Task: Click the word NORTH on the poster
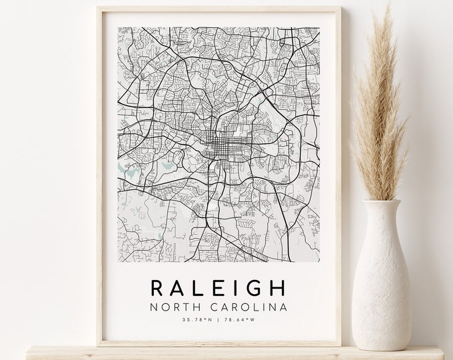tap(170, 291)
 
